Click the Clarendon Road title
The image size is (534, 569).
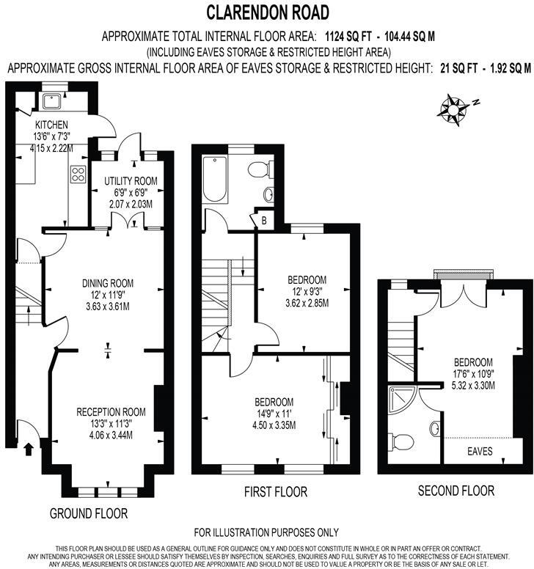point(267,12)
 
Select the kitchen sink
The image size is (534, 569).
point(52,101)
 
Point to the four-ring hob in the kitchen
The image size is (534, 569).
point(76,174)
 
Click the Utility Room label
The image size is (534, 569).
point(129,181)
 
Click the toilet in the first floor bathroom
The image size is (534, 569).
point(257,169)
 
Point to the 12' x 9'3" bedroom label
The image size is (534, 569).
point(307,280)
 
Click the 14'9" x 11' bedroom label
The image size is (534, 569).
point(274,402)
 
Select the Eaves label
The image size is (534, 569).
point(480,451)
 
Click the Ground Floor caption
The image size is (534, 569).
point(89,513)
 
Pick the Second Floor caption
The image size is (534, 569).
point(456,491)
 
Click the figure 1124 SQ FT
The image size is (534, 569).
point(348,35)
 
